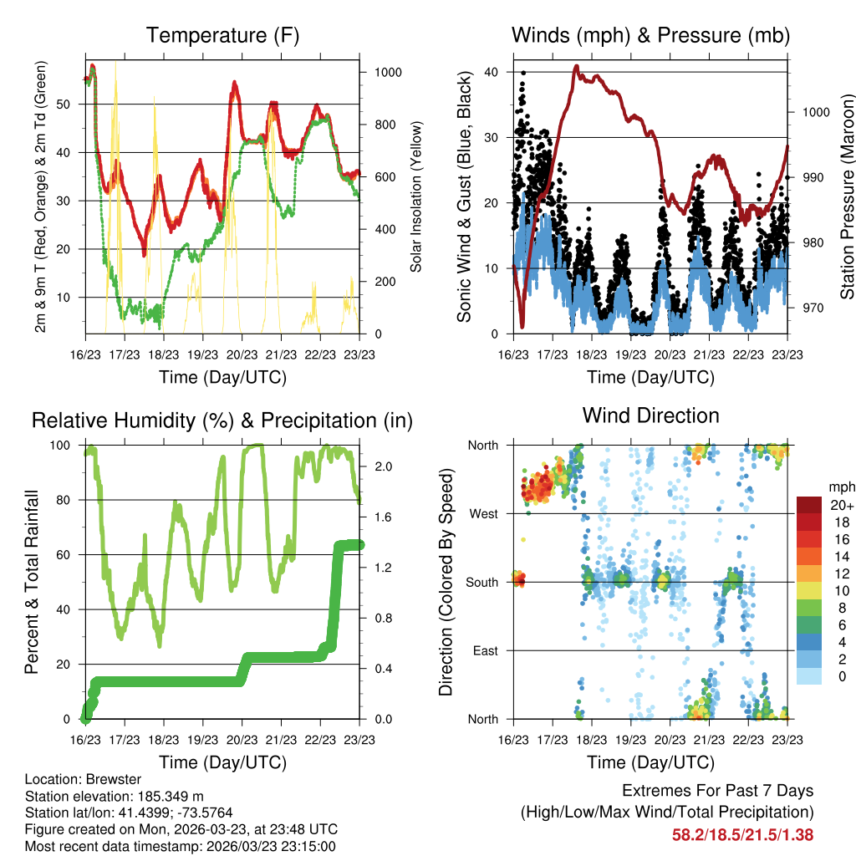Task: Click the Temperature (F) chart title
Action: click(222, 36)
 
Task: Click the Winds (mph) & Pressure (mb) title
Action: click(650, 36)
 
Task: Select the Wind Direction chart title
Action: click(650, 415)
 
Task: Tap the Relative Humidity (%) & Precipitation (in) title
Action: click(222, 420)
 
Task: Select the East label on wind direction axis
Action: click(484, 650)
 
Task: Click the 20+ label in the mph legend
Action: click(840, 506)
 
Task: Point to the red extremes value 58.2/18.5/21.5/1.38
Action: click(742, 834)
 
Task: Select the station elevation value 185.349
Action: click(166, 796)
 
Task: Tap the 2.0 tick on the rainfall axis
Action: click(382, 466)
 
